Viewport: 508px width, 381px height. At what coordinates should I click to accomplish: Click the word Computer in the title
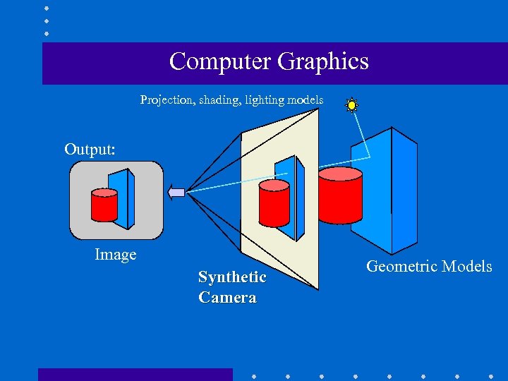[220, 62]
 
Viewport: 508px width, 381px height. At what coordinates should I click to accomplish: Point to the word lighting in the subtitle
[264, 100]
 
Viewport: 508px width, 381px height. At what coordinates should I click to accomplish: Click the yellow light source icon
[351, 105]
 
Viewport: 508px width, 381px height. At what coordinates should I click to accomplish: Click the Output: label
[90, 149]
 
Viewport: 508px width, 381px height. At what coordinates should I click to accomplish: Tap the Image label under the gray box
[116, 254]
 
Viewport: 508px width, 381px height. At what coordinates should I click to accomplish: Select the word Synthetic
[232, 277]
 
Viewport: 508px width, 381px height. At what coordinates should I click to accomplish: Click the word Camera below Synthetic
[227, 297]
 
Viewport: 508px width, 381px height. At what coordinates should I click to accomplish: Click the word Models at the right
[466, 266]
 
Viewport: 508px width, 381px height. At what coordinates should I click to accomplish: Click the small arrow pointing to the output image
[176, 192]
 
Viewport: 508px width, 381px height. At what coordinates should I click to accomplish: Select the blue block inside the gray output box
[125, 198]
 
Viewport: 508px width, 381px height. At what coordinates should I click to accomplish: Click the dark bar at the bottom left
[135, 374]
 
